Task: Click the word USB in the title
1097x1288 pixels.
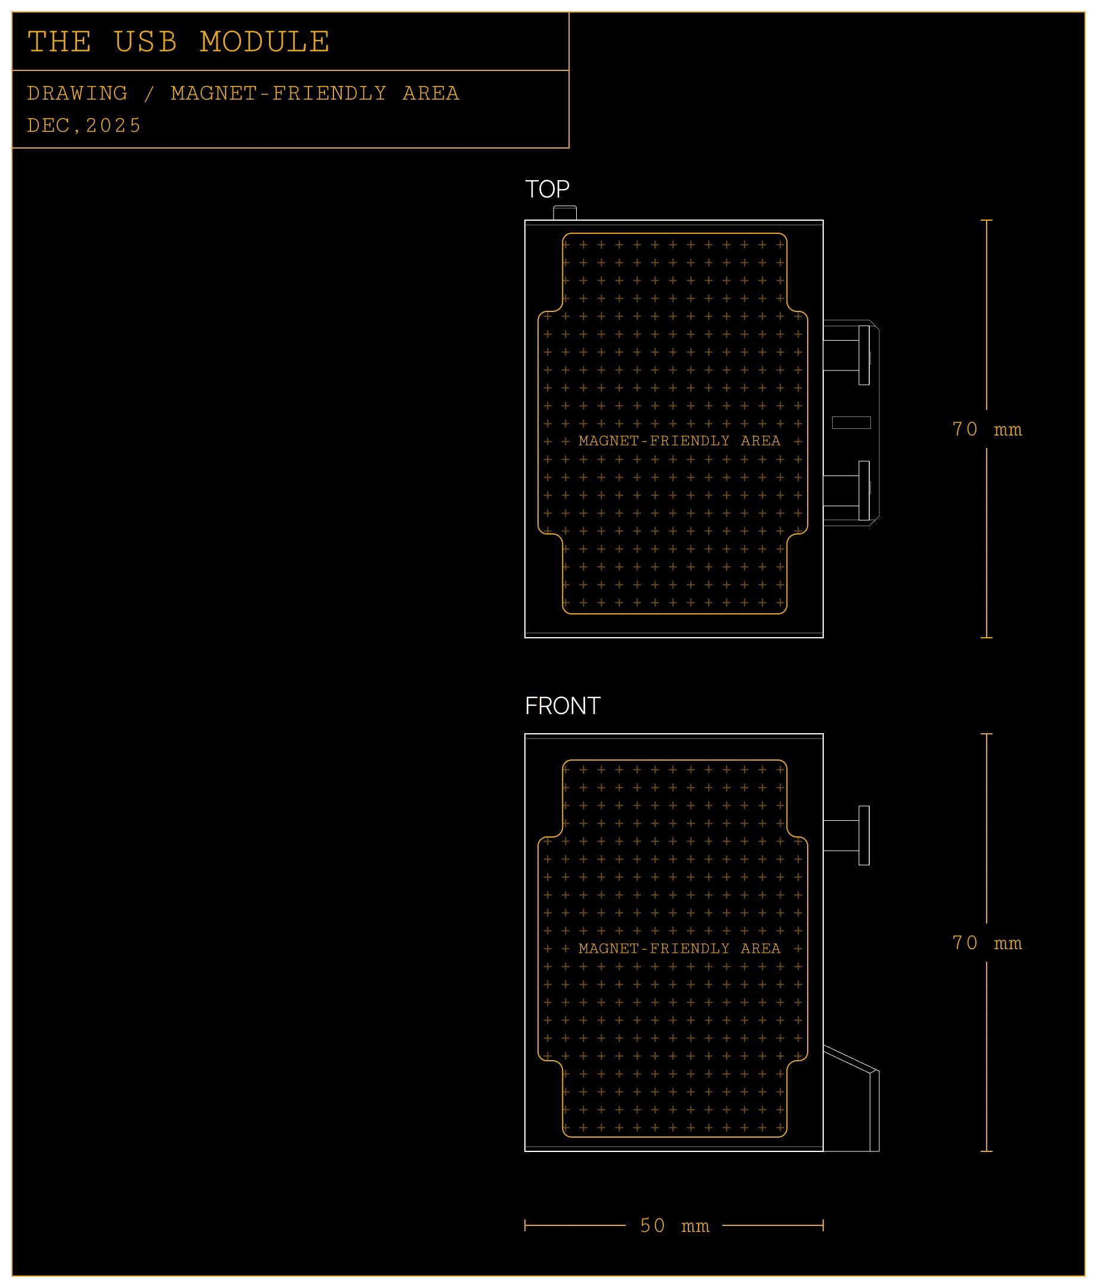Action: click(146, 42)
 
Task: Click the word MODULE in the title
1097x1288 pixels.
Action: click(265, 42)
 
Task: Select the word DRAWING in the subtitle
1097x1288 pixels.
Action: click(77, 93)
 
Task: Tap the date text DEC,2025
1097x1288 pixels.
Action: click(84, 125)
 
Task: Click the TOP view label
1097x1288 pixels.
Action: click(547, 189)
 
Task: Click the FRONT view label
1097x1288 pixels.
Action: click(562, 706)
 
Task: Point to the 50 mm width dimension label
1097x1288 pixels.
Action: click(674, 1226)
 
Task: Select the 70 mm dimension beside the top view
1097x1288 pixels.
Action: click(987, 429)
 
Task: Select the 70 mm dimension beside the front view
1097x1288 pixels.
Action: click(987, 943)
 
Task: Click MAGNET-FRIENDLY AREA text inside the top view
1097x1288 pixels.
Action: click(679, 441)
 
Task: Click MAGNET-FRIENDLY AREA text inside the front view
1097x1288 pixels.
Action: click(679, 949)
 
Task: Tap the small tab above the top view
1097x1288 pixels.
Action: click(564, 212)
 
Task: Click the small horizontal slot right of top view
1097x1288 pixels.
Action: click(851, 423)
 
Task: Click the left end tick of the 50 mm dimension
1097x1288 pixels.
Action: click(525, 1226)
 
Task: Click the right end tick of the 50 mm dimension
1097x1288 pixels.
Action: click(823, 1226)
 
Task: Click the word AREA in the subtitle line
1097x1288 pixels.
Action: click(430, 93)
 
